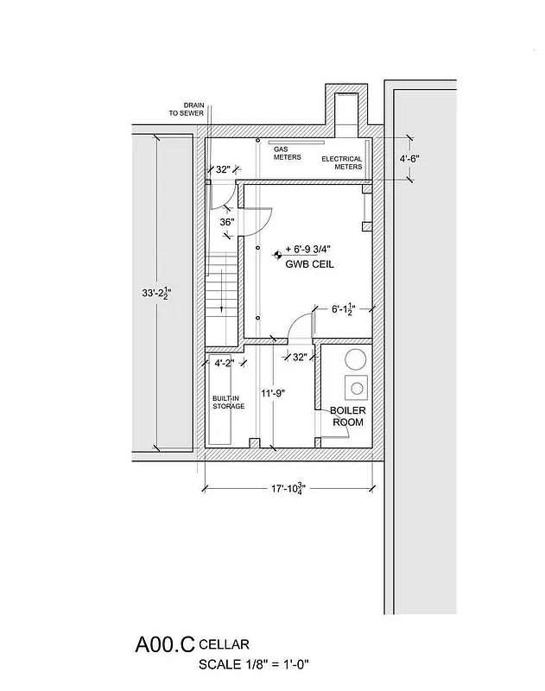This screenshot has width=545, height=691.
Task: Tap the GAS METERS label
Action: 287,153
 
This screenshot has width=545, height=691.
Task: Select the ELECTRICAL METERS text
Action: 342,162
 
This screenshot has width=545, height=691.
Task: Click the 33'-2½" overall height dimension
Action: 156,294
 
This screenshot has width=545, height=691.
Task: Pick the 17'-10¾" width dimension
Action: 288,488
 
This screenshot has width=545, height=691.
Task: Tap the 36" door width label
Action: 227,222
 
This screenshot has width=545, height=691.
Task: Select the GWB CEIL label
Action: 309,264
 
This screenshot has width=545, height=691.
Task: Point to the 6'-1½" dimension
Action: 348,308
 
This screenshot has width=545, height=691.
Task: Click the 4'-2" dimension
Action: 225,363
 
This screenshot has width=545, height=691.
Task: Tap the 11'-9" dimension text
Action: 272,393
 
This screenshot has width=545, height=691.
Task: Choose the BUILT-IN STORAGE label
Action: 229,402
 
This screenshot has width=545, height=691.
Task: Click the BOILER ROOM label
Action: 346,417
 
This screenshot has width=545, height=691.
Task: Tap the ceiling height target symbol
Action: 278,254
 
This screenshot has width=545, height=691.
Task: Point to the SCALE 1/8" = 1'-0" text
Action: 254,664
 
